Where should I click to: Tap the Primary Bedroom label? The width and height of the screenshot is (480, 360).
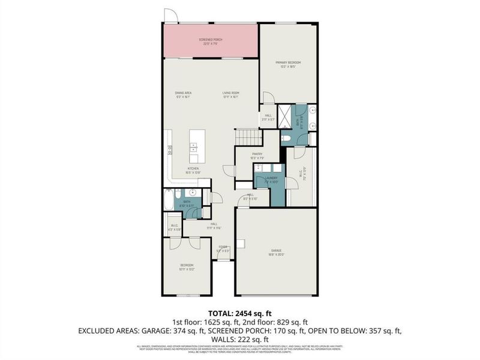[x=288, y=64]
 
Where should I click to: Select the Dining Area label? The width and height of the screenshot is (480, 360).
[x=183, y=94]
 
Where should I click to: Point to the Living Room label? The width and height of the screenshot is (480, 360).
[x=231, y=94]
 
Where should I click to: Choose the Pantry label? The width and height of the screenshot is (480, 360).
[x=257, y=155]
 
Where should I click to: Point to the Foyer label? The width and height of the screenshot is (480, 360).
[x=223, y=248]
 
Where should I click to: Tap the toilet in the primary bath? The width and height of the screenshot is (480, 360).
[x=286, y=139]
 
